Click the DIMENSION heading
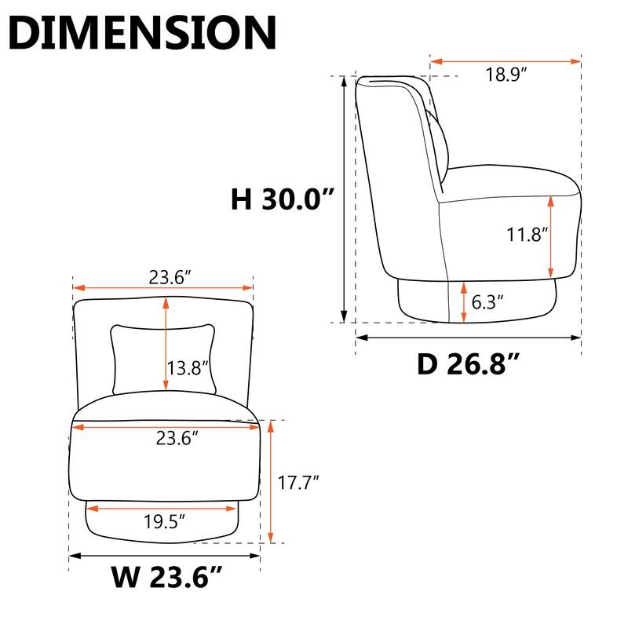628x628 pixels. (x=146, y=33)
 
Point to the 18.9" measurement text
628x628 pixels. (x=506, y=75)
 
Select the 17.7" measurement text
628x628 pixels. (x=300, y=482)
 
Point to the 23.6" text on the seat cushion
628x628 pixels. (x=173, y=439)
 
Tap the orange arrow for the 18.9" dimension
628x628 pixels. (x=506, y=60)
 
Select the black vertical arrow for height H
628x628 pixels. (x=344, y=196)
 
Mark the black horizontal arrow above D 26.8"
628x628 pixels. (x=468, y=338)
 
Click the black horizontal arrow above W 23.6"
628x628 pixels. (x=165, y=556)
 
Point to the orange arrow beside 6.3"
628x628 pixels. (x=463, y=301)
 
